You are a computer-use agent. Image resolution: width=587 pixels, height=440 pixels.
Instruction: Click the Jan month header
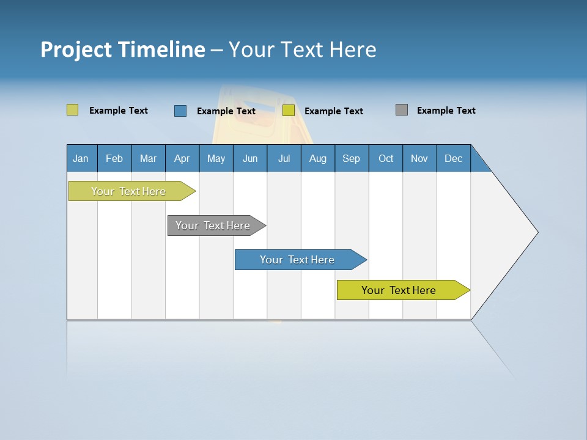pos(81,158)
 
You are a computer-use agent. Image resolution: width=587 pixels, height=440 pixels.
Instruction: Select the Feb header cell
pos(114,158)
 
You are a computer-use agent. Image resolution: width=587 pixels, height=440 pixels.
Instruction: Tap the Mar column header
pos(148,158)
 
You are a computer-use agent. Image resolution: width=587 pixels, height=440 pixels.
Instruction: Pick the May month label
pos(216,158)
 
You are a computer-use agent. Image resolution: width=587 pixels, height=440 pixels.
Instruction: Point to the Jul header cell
pos(284,158)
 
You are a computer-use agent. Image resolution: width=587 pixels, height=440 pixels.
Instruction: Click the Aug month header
pos(317,158)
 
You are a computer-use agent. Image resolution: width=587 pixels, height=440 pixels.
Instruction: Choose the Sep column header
pos(351,158)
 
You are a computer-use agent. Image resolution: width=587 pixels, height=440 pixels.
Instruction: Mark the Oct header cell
pos(386,158)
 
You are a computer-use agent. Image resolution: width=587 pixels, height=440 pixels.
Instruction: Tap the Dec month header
pos(453,158)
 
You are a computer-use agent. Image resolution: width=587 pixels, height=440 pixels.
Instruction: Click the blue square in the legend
pos(180,111)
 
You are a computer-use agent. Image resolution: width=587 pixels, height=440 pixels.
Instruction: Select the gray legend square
pos(402,110)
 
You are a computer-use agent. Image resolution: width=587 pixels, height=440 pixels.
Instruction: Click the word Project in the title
pos(76,50)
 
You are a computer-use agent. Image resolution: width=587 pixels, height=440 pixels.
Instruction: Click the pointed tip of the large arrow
pos(536,232)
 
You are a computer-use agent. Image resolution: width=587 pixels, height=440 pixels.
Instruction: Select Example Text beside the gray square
pos(446,111)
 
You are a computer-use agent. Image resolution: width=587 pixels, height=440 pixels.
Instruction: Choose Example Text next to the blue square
pos(226,111)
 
